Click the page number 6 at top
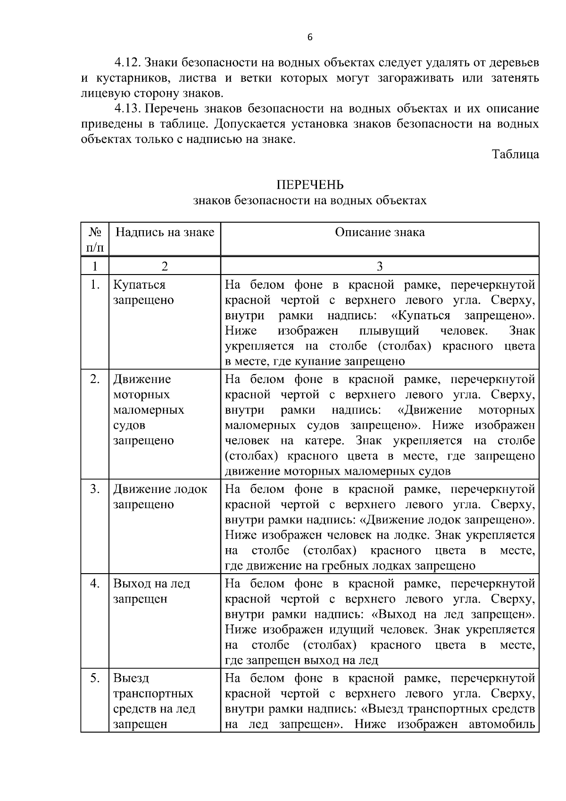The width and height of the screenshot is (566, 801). point(310,38)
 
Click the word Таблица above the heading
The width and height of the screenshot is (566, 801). point(515,154)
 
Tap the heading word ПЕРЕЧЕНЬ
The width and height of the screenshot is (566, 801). point(310,184)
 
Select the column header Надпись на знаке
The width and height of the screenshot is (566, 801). point(165,232)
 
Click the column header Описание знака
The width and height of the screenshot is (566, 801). point(380,232)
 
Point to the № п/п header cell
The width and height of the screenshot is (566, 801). point(95,239)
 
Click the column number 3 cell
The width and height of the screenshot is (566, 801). point(380,267)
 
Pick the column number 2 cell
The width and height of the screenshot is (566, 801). point(165,267)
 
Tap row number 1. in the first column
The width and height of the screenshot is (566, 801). point(95,285)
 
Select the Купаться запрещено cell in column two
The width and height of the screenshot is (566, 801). point(143,292)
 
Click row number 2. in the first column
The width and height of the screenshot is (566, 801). point(95,379)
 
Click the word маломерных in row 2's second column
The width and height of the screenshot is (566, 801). point(148,410)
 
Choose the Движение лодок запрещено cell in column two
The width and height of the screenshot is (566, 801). point(160,497)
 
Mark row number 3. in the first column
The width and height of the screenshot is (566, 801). point(95,489)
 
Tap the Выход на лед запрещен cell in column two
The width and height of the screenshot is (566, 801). point(151,591)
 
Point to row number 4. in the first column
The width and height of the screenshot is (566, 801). point(95,584)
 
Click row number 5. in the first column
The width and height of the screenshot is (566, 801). point(95,678)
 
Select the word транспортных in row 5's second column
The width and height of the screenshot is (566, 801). point(153,693)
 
